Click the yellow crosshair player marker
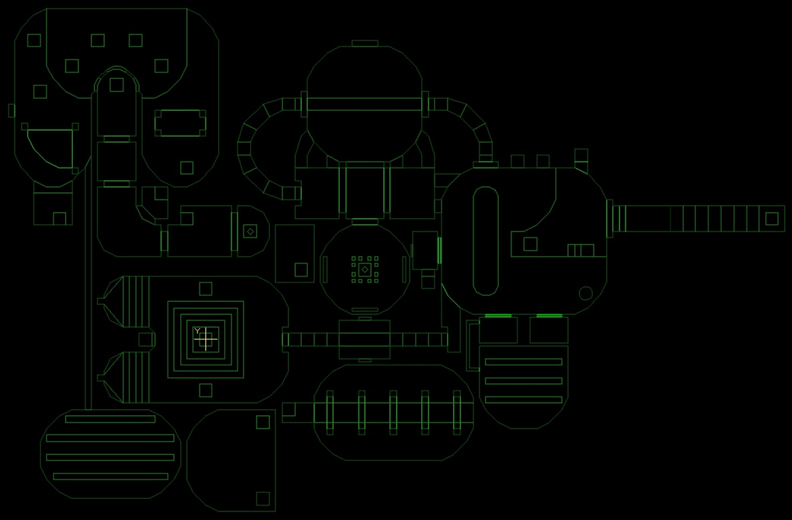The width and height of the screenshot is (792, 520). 206,339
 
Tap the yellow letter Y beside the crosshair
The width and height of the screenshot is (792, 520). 198,331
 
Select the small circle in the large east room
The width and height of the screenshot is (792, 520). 586,293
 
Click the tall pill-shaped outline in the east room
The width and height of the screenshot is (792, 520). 486,241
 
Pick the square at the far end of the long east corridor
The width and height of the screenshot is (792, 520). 772,218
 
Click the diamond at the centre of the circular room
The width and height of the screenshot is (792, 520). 365,270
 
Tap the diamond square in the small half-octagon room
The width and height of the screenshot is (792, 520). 250,232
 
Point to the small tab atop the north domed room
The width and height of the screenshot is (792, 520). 365,44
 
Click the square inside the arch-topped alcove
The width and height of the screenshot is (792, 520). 117,85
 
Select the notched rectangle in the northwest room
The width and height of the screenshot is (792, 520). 180,123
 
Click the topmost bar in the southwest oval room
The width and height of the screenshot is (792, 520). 110,419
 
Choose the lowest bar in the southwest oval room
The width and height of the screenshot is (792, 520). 110,476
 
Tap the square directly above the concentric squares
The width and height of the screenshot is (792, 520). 206,289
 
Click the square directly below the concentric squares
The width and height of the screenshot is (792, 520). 206,391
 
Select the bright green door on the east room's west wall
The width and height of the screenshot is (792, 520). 440,251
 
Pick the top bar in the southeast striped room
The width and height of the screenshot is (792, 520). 524,362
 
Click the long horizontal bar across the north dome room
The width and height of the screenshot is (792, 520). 364,104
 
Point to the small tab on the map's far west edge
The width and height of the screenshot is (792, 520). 12,110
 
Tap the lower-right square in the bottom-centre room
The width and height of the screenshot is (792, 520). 263,499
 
